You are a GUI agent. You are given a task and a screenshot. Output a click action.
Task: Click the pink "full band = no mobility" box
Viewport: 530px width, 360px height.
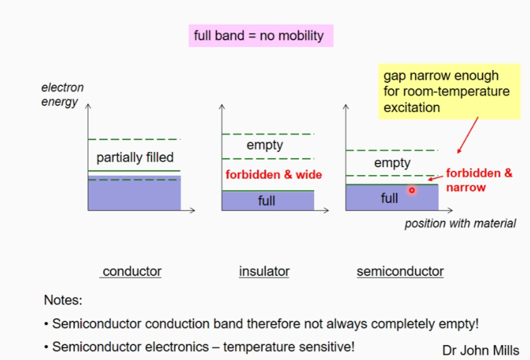tap(260, 36)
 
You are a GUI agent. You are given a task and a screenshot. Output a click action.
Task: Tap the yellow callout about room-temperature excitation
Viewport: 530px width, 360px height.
tap(449, 91)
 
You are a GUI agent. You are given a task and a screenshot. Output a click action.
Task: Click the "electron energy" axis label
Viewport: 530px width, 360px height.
tap(62, 95)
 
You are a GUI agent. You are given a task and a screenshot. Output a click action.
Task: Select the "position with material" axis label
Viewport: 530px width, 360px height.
tap(460, 223)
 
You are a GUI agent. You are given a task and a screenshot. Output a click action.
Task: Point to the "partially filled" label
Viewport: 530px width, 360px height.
tap(135, 157)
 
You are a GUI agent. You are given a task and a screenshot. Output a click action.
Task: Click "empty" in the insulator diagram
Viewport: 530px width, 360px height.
tap(265, 145)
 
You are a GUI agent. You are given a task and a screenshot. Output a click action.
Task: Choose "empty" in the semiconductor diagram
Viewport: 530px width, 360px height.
tap(392, 163)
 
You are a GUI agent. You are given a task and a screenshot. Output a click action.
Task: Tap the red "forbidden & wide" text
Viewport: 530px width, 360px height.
tap(273, 175)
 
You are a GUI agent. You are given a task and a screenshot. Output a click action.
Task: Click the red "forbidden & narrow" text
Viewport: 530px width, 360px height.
tap(478, 180)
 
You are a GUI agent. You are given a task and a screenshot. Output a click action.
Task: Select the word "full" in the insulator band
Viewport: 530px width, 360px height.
tap(267, 201)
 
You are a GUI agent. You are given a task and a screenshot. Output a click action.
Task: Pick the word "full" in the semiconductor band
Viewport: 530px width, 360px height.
tap(389, 198)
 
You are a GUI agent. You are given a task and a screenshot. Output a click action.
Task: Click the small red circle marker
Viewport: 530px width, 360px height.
tap(412, 190)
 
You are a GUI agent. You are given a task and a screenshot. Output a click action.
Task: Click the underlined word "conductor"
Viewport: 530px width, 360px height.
tap(132, 271)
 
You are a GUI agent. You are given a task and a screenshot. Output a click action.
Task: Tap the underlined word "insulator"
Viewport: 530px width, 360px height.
tap(264, 271)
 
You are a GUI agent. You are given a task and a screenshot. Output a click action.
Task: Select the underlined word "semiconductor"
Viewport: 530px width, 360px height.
tap(400, 271)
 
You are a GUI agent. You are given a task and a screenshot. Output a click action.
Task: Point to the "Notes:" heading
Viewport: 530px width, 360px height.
tap(63, 300)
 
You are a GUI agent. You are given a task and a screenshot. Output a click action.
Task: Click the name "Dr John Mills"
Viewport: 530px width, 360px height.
tap(481, 350)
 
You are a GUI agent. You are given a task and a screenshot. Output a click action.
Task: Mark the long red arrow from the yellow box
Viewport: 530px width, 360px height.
tap(467, 135)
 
